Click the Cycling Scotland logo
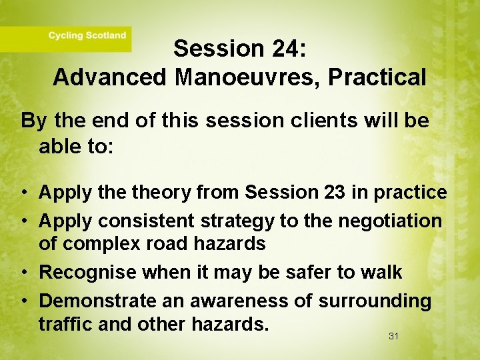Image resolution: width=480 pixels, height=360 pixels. [x=87, y=36]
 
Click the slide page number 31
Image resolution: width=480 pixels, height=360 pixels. [x=393, y=336]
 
